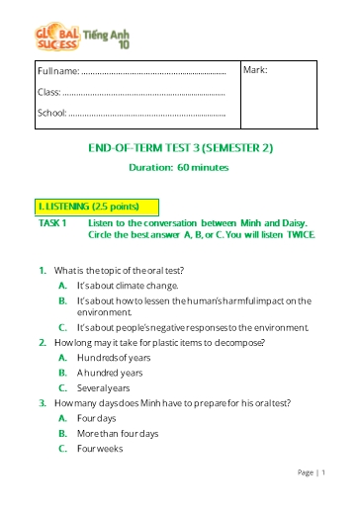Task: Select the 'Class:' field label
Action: pyautogui.click(x=48, y=92)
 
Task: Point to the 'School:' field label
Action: pyautogui.click(x=51, y=112)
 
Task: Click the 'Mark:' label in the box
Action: pyautogui.click(x=255, y=70)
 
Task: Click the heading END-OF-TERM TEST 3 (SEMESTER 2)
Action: pyautogui.click(x=179, y=148)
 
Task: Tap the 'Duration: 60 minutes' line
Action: pyautogui.click(x=179, y=167)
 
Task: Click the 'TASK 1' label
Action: pyautogui.click(x=50, y=223)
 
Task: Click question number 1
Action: pyautogui.click(x=43, y=270)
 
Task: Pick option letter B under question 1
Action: pyautogui.click(x=62, y=299)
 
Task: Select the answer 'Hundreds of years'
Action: pyautogui.click(x=115, y=357)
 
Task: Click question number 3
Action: pyautogui.click(x=43, y=403)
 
